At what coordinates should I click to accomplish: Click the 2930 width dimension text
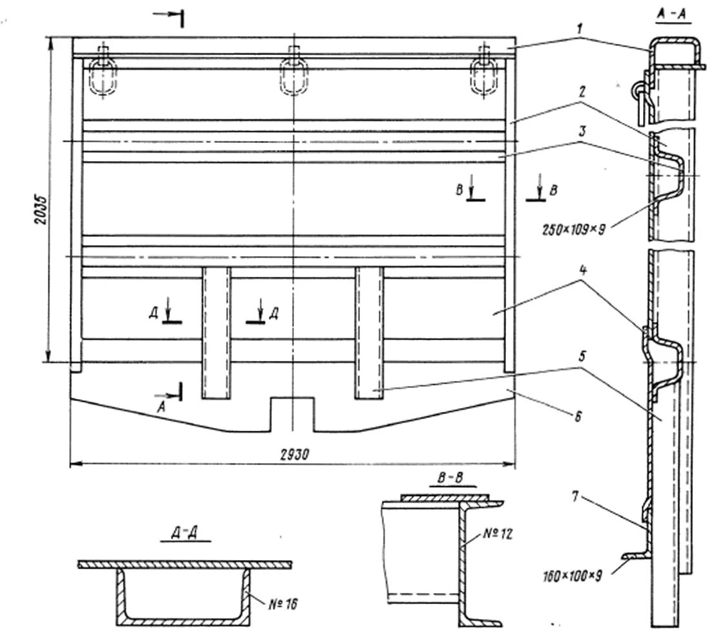[293, 455]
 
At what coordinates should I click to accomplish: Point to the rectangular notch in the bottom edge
[292, 414]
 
